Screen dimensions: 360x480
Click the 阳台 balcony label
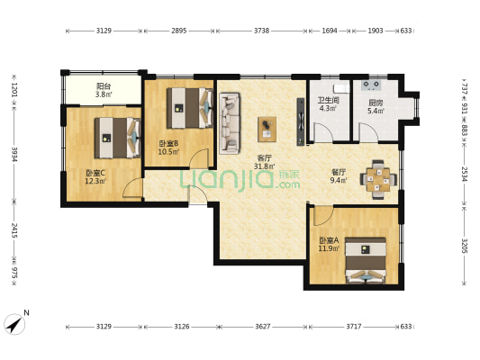point(104,85)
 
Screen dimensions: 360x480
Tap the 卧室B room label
point(168,143)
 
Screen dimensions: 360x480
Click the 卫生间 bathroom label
point(327,102)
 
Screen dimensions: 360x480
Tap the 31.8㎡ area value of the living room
point(264,166)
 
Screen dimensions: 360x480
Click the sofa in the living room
point(229,123)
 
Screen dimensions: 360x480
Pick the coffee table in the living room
point(267,129)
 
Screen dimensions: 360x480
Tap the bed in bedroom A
point(366,260)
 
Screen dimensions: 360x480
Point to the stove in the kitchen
point(371,85)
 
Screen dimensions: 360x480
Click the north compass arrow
point(15,323)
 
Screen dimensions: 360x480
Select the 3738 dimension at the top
point(261,31)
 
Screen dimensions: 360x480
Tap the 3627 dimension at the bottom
point(261,326)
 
